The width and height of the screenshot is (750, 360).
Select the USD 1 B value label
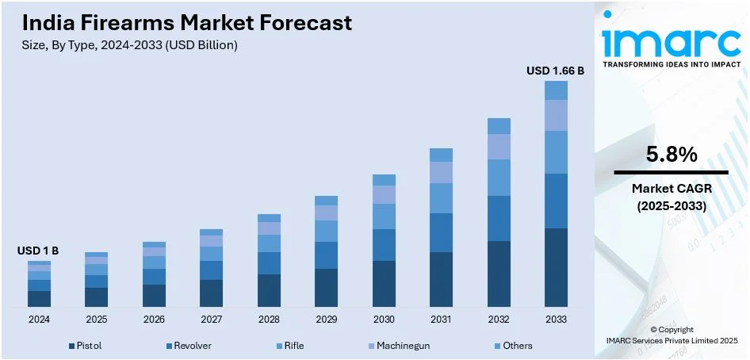coord(38,251)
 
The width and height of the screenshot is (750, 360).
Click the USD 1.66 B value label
coord(555,71)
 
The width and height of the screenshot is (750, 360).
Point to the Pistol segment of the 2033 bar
coord(556,267)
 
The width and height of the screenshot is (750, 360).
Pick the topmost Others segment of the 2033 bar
coord(556,90)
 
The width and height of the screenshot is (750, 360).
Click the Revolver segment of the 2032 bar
coord(499,218)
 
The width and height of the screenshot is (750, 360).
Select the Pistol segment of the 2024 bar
coord(39,298)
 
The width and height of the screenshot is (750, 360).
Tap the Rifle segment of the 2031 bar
coord(441,198)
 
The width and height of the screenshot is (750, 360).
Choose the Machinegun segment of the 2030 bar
coord(384,194)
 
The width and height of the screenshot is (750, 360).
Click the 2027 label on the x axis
coord(211,319)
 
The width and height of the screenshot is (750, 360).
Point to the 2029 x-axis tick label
coord(326,319)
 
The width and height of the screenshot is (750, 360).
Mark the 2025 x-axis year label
coord(96,319)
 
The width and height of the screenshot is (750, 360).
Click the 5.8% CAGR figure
coord(671,155)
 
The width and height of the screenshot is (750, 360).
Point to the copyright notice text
coord(670,335)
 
